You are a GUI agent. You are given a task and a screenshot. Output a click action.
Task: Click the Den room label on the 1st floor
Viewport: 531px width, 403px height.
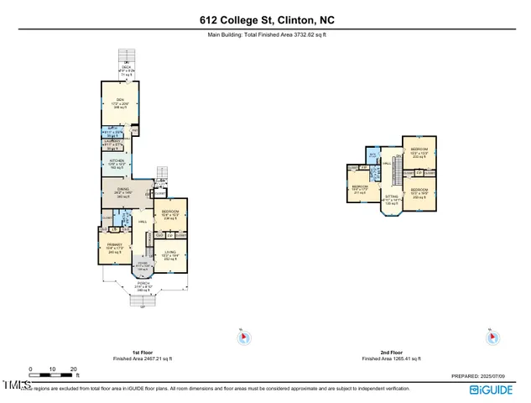tap(119, 102)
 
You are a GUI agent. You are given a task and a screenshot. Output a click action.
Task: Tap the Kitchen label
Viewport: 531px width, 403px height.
tap(117, 165)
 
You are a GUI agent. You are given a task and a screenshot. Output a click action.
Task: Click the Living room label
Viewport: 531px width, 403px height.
tap(170, 256)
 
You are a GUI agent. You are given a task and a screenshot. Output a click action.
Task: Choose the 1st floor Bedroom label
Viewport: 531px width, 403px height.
tap(170, 214)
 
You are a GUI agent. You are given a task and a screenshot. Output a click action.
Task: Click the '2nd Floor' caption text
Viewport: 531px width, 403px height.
tap(391, 353)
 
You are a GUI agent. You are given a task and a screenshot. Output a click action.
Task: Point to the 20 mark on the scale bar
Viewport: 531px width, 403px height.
tap(73, 369)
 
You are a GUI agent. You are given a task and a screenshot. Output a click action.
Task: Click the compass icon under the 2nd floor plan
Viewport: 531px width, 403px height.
tap(495, 337)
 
